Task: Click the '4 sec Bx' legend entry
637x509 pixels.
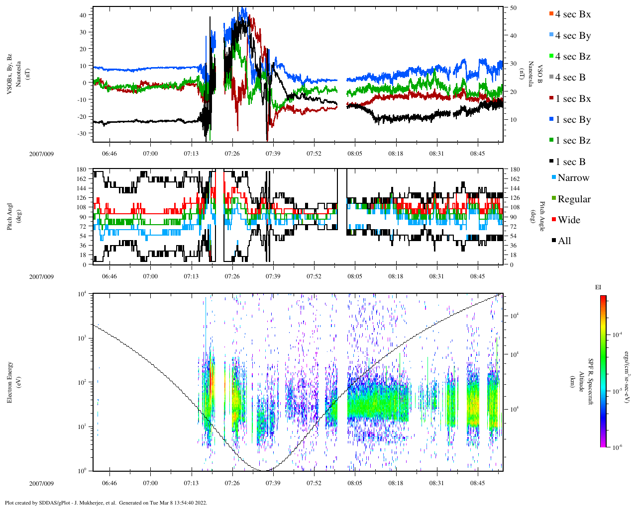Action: coord(572,14)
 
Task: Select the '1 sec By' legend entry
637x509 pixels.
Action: coord(572,120)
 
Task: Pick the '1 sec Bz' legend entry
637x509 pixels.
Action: coord(572,141)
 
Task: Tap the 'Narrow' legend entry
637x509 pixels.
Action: coord(573,178)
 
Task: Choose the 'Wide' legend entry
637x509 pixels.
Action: coord(568,220)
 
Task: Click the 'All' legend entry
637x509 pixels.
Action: coord(564,241)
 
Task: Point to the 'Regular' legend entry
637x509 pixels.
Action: coord(574,199)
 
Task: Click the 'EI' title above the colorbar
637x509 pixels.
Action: coord(598,287)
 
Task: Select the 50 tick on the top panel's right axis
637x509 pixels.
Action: coord(513,8)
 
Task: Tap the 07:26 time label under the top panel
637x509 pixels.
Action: coord(232,154)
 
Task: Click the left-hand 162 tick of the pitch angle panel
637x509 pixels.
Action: coord(82,179)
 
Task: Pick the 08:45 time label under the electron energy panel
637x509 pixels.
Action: coord(477,483)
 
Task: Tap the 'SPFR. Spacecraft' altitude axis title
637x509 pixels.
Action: coord(591,382)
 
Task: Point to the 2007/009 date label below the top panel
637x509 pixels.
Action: coord(41,154)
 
